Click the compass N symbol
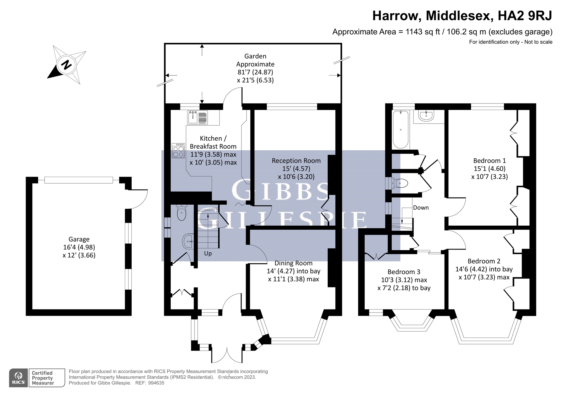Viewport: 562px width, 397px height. (67, 65)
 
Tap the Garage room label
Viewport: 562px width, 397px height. (79, 239)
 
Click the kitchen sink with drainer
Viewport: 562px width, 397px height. (197, 117)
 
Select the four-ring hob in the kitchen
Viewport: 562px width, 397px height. (178, 151)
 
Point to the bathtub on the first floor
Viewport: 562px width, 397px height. (400, 130)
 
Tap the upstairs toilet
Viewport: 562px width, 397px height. (400, 183)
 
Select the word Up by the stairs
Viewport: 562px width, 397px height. (208, 253)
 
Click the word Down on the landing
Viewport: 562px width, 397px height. (421, 208)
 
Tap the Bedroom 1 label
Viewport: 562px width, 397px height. (489, 161)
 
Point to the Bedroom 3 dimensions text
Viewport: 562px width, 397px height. (404, 284)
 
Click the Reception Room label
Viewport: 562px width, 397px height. (296, 161)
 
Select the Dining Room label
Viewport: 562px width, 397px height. (293, 263)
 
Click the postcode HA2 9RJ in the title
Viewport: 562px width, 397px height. (525, 16)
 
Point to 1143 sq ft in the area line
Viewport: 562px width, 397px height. (423, 32)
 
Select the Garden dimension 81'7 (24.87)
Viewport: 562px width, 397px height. (255, 72)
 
